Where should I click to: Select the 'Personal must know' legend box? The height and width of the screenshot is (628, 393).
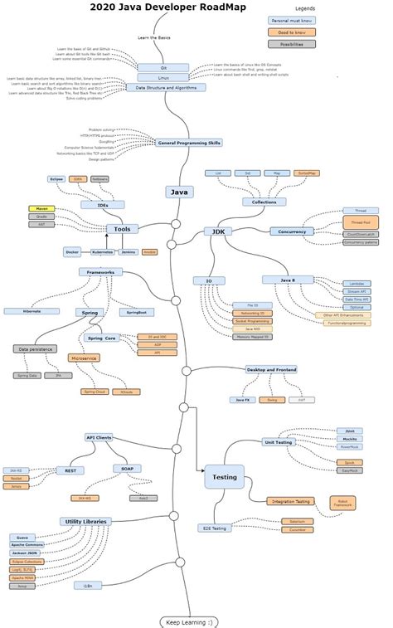point(284,19)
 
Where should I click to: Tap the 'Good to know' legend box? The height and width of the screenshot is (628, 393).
point(284,32)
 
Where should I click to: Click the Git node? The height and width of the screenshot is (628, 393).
point(163,67)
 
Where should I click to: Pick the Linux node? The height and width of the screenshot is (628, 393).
point(163,77)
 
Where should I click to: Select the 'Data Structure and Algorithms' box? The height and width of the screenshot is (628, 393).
point(166,87)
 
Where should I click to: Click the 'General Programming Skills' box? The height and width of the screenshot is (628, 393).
point(189,143)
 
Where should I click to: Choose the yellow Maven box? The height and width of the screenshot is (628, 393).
point(42,208)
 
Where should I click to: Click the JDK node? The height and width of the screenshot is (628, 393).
point(218,232)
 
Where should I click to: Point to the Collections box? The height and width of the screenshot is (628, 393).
point(259,202)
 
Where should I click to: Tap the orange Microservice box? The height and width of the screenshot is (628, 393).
point(84,358)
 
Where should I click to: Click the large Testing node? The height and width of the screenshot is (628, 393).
point(224,477)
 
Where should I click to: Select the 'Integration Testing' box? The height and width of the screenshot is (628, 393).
point(290,501)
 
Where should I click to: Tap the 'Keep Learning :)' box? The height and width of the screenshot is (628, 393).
point(189,621)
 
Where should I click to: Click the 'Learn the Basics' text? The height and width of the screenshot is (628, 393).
point(155,38)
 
